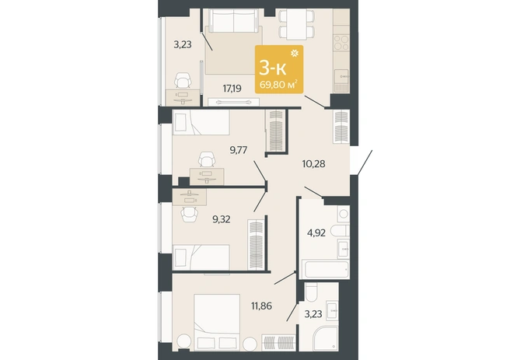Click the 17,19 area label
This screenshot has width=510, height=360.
pyautogui.click(x=232, y=88)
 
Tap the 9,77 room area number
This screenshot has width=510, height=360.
pyautogui.click(x=239, y=150)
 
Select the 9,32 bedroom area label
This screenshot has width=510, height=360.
pyautogui.click(x=221, y=219)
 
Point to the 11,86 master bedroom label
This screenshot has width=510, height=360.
pyautogui.click(x=261, y=306)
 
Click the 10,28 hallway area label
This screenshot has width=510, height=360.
pyautogui.click(x=313, y=163)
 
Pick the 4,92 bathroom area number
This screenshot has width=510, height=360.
pyautogui.click(x=316, y=232)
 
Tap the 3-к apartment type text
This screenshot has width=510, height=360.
pyautogui.click(x=273, y=68)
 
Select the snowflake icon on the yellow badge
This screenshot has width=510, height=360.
pyautogui.click(x=295, y=53)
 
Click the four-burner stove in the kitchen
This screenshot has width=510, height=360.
pyautogui.click(x=341, y=43)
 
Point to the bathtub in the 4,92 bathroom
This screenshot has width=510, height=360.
pyautogui.click(x=326, y=268)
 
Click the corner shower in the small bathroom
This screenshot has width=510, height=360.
pyautogui.click(x=325, y=338)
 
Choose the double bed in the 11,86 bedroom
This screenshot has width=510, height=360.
pyautogui.click(x=217, y=322)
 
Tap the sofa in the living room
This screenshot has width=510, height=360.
pyautogui.click(x=233, y=21)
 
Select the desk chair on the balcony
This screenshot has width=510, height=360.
pyautogui.click(x=182, y=80)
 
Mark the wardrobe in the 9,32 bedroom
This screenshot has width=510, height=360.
pyautogui.click(x=256, y=245)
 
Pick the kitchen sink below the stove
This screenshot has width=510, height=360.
pyautogui.click(x=341, y=77)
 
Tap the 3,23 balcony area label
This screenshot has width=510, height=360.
pyautogui.click(x=183, y=44)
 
